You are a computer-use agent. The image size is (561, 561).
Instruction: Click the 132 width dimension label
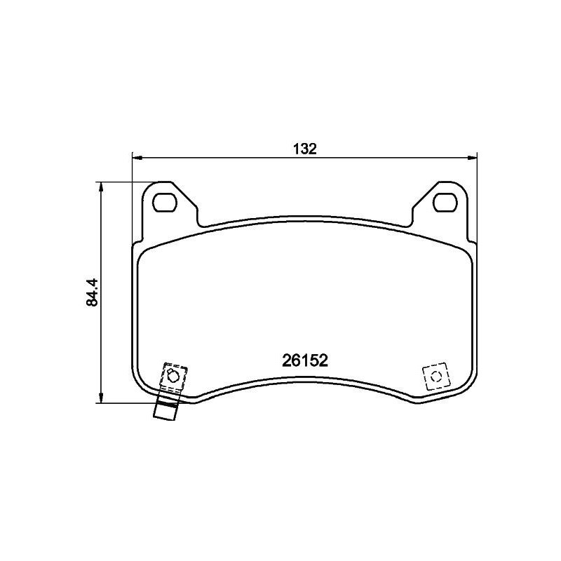(x=305, y=149)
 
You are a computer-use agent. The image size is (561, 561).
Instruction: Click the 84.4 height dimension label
(x=92, y=292)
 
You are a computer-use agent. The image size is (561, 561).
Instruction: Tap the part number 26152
(x=305, y=360)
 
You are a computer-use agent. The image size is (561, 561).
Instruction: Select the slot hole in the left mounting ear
(x=165, y=202)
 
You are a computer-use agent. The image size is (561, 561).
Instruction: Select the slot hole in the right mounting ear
(x=445, y=202)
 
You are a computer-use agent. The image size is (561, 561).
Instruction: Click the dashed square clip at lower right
(x=435, y=377)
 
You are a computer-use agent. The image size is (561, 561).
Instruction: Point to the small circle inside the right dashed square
(x=435, y=377)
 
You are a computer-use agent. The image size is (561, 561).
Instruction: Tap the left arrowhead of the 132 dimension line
(x=137, y=157)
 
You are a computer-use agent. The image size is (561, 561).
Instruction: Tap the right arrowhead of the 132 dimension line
(x=472, y=157)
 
